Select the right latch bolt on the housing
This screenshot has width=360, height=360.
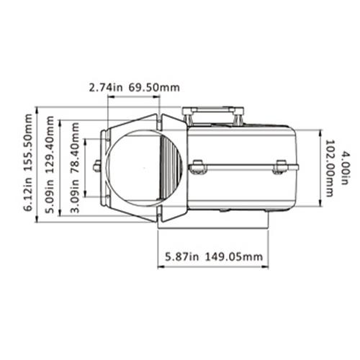[x=281, y=168]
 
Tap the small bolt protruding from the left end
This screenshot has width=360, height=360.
[x=96, y=167]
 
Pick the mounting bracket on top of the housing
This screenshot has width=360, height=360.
[x=215, y=114]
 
